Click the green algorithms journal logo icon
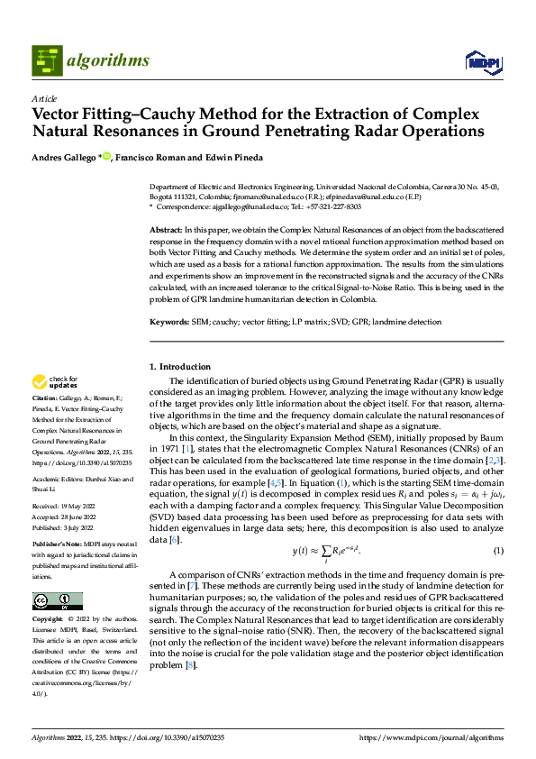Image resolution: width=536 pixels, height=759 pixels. (48, 60)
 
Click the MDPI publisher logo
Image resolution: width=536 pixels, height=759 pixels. (482, 61)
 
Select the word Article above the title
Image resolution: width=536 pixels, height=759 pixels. (43, 98)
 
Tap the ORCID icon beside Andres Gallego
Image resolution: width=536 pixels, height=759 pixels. (106, 156)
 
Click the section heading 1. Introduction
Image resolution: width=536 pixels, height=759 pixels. (178, 367)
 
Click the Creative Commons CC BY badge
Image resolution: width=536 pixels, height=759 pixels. (57, 601)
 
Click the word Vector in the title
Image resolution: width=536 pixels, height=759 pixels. (59, 114)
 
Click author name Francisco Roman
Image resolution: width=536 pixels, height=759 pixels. (149, 157)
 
